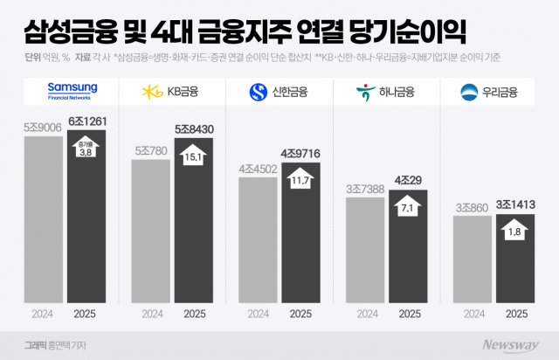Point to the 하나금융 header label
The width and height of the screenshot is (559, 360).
pos(385,90)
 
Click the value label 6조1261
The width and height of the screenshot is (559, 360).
pos(88,121)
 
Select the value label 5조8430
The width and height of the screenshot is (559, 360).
pos(195,129)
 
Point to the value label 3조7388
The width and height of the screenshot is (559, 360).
pos(365,190)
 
